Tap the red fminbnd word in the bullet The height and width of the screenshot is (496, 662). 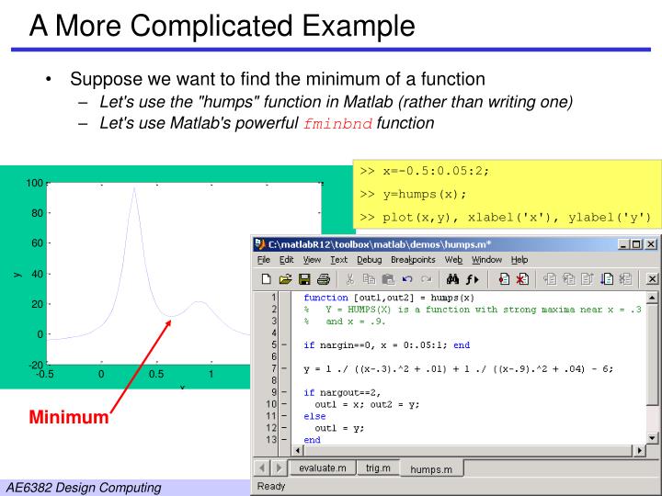click(x=338, y=123)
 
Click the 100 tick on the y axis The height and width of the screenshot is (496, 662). click(x=33, y=183)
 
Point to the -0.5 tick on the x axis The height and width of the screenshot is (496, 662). click(x=45, y=374)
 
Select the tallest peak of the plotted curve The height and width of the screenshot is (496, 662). click(x=134, y=188)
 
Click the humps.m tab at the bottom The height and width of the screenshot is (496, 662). click(x=431, y=469)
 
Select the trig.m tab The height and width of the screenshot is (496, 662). click(x=378, y=468)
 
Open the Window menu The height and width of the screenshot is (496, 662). click(x=486, y=260)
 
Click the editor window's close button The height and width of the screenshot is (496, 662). click(x=651, y=244)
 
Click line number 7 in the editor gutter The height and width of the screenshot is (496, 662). click(x=273, y=368)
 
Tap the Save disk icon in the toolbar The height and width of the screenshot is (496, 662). click(x=303, y=279)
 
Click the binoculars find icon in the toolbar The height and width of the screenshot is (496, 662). click(x=452, y=279)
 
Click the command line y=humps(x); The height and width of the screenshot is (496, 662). click(x=414, y=194)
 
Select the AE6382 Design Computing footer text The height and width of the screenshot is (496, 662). click(x=83, y=486)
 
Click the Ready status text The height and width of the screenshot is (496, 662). click(x=272, y=486)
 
